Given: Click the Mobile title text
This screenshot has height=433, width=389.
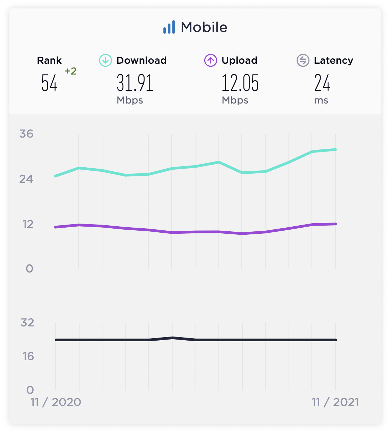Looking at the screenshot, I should (204, 27).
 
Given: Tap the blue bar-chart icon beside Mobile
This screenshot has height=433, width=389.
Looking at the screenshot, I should (169, 27).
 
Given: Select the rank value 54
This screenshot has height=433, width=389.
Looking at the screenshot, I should (49, 83).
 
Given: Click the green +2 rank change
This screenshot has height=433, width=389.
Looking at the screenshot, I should (70, 71).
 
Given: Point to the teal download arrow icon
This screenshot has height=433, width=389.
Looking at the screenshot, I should (105, 61).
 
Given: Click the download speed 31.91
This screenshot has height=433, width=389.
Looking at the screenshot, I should (135, 83).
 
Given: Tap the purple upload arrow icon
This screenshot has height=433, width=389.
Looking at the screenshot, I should (210, 61).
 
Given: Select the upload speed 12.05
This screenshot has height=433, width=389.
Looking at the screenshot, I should (240, 83).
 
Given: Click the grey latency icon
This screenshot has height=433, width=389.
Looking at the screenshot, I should (303, 61).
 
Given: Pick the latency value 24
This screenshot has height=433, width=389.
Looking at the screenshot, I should (322, 83).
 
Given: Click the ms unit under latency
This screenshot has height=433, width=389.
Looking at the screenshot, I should (321, 100).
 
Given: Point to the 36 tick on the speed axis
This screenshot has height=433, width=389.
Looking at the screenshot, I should (26, 134).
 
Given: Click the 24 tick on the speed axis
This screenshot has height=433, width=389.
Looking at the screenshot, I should (26, 179).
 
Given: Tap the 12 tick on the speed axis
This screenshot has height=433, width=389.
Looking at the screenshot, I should (28, 224).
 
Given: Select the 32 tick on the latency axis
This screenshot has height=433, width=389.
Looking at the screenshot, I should (27, 323).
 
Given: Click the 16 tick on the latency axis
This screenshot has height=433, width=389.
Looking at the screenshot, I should (28, 356).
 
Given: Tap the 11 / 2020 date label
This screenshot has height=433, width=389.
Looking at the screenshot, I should (56, 402).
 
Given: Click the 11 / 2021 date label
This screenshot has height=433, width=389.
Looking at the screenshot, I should (335, 402).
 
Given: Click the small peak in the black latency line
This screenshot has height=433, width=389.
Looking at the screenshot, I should (172, 338).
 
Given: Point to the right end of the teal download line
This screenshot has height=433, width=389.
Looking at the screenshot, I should (335, 149).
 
